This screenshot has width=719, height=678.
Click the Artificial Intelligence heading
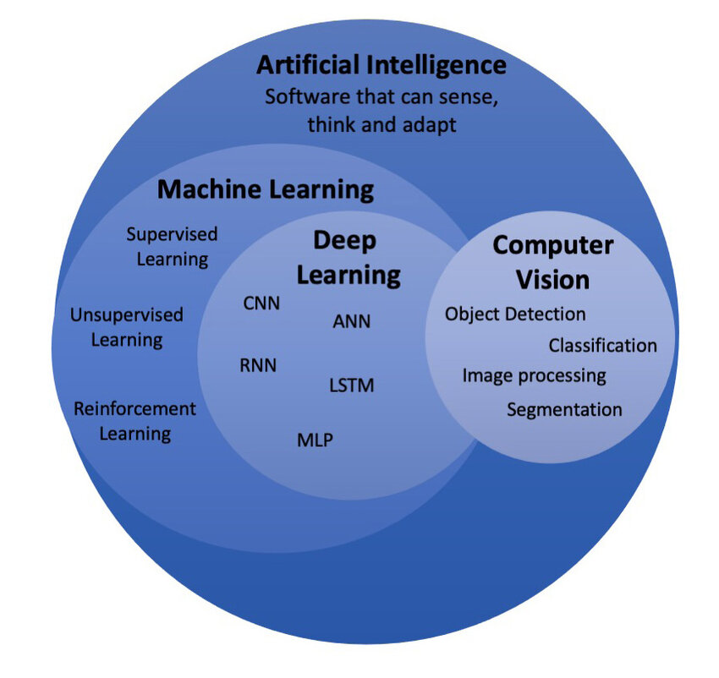click(381, 64)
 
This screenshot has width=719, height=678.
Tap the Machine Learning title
click(266, 189)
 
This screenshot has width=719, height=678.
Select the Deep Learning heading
click(356, 257)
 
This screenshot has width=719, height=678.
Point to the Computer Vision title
click(552, 261)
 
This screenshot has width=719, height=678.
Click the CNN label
click(261, 303)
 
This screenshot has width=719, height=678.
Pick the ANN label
click(352, 321)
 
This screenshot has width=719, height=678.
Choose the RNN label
click(258, 365)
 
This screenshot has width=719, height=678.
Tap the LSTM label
click(351, 385)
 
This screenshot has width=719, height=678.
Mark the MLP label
click(315, 440)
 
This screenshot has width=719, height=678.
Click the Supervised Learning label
click(173, 246)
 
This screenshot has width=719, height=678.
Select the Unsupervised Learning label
click(127, 327)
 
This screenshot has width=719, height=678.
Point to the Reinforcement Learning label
click(134, 421)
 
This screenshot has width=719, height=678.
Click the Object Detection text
click(515, 314)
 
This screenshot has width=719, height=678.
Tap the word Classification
click(602, 345)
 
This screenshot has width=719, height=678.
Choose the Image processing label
click(534, 375)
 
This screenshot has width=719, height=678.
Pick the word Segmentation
click(564, 409)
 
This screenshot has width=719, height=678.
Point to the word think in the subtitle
click(332, 124)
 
